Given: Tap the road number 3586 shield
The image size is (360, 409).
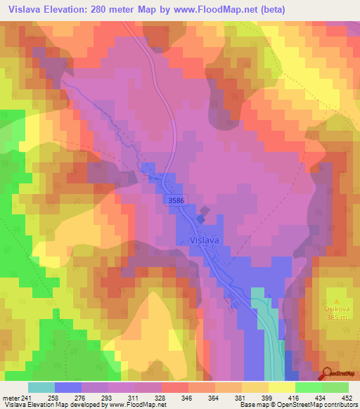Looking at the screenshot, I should tap(177, 201).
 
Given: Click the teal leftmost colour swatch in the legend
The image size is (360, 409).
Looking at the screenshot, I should tap(41, 387).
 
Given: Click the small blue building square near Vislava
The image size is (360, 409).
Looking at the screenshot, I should tap(200, 219).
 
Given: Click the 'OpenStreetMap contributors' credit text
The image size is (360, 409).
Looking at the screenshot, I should tap(321, 405).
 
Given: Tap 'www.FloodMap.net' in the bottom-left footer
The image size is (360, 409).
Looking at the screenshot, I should tap(136, 405).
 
